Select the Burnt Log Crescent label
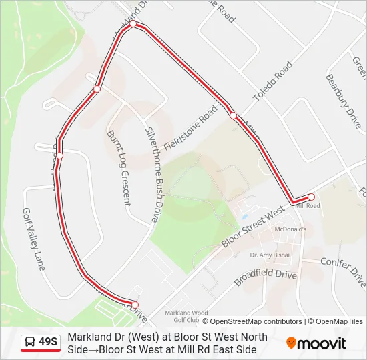coord(118,167)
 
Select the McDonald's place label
coord(290,229)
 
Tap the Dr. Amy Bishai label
coord(269,255)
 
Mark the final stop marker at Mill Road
coord(311,197)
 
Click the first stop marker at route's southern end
coord(135,304)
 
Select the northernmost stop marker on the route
coord(133,24)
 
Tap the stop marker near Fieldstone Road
coord(233,115)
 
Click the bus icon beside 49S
coord(30,343)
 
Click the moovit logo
coord(316,343)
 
